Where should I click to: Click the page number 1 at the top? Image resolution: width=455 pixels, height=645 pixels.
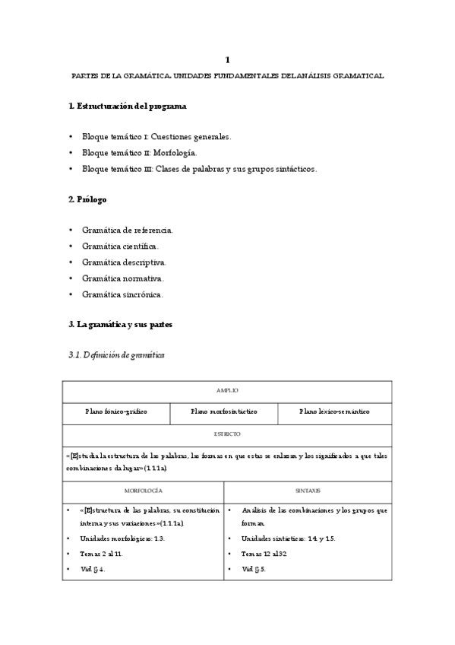coord(227,59)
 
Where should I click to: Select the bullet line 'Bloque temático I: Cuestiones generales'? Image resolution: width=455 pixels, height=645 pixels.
coord(156,137)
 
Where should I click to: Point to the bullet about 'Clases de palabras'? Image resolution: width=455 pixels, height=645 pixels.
coord(199,169)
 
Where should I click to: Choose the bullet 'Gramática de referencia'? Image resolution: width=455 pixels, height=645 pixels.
coord(128,229)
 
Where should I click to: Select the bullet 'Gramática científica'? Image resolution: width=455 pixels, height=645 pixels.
coord(121,246)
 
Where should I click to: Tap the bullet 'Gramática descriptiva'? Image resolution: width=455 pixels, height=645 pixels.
coord(125,262)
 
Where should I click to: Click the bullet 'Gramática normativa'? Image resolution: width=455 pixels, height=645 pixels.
coord(123,278)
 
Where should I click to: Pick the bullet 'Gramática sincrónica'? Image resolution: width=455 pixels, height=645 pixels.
coord(123,294)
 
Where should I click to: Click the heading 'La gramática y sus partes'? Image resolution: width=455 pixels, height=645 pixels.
coord(121,325)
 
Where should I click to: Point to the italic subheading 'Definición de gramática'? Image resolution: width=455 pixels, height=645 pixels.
coord(116,355)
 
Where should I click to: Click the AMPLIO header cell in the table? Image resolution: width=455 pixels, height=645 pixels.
coord(227,390)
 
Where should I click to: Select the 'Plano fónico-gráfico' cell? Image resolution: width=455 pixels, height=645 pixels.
coord(116,411)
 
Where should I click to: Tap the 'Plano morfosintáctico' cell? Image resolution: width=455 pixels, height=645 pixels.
coord(224,411)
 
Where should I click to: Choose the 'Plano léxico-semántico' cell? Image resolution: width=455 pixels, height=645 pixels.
coord(334,411)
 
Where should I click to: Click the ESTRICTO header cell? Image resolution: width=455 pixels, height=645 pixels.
coord(227,434)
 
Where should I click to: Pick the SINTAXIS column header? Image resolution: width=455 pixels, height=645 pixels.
coord(308,491)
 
